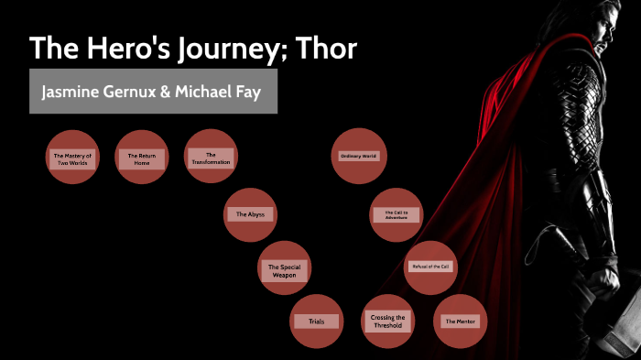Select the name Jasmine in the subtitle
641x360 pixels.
pyautogui.click(x=70, y=93)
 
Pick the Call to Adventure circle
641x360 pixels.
pyautogui.click(x=397, y=214)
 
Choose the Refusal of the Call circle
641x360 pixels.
pyautogui.click(x=429, y=267)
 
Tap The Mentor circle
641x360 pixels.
pyautogui.click(x=461, y=322)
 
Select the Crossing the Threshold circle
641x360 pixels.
pyautogui.click(x=388, y=322)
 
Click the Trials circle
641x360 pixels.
pyautogui.click(x=317, y=322)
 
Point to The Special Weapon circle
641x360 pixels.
pyautogui.click(x=284, y=270)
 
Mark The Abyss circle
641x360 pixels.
pyautogui.click(x=249, y=214)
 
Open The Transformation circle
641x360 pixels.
pyautogui.click(x=211, y=158)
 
